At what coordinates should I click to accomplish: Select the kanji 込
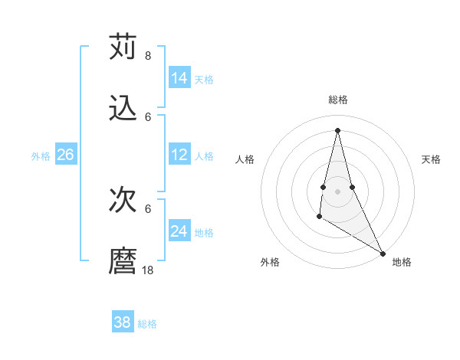123,109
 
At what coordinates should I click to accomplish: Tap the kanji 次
123,201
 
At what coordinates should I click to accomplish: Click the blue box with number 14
179,78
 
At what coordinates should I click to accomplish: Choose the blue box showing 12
179,155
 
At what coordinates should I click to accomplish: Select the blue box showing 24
179,231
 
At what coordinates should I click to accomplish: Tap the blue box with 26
65,155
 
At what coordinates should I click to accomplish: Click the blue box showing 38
123,322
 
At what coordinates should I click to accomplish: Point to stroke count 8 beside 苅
147,55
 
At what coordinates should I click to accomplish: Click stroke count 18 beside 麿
147,270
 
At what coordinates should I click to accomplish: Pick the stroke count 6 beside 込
147,116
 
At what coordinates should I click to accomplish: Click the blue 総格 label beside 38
147,324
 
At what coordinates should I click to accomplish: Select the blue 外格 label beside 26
41,156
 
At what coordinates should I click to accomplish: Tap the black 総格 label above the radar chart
338,100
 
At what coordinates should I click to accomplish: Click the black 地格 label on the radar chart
402,263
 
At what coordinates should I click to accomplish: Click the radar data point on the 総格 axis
337,129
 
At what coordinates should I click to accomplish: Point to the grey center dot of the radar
337,191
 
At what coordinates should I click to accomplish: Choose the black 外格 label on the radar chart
270,263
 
